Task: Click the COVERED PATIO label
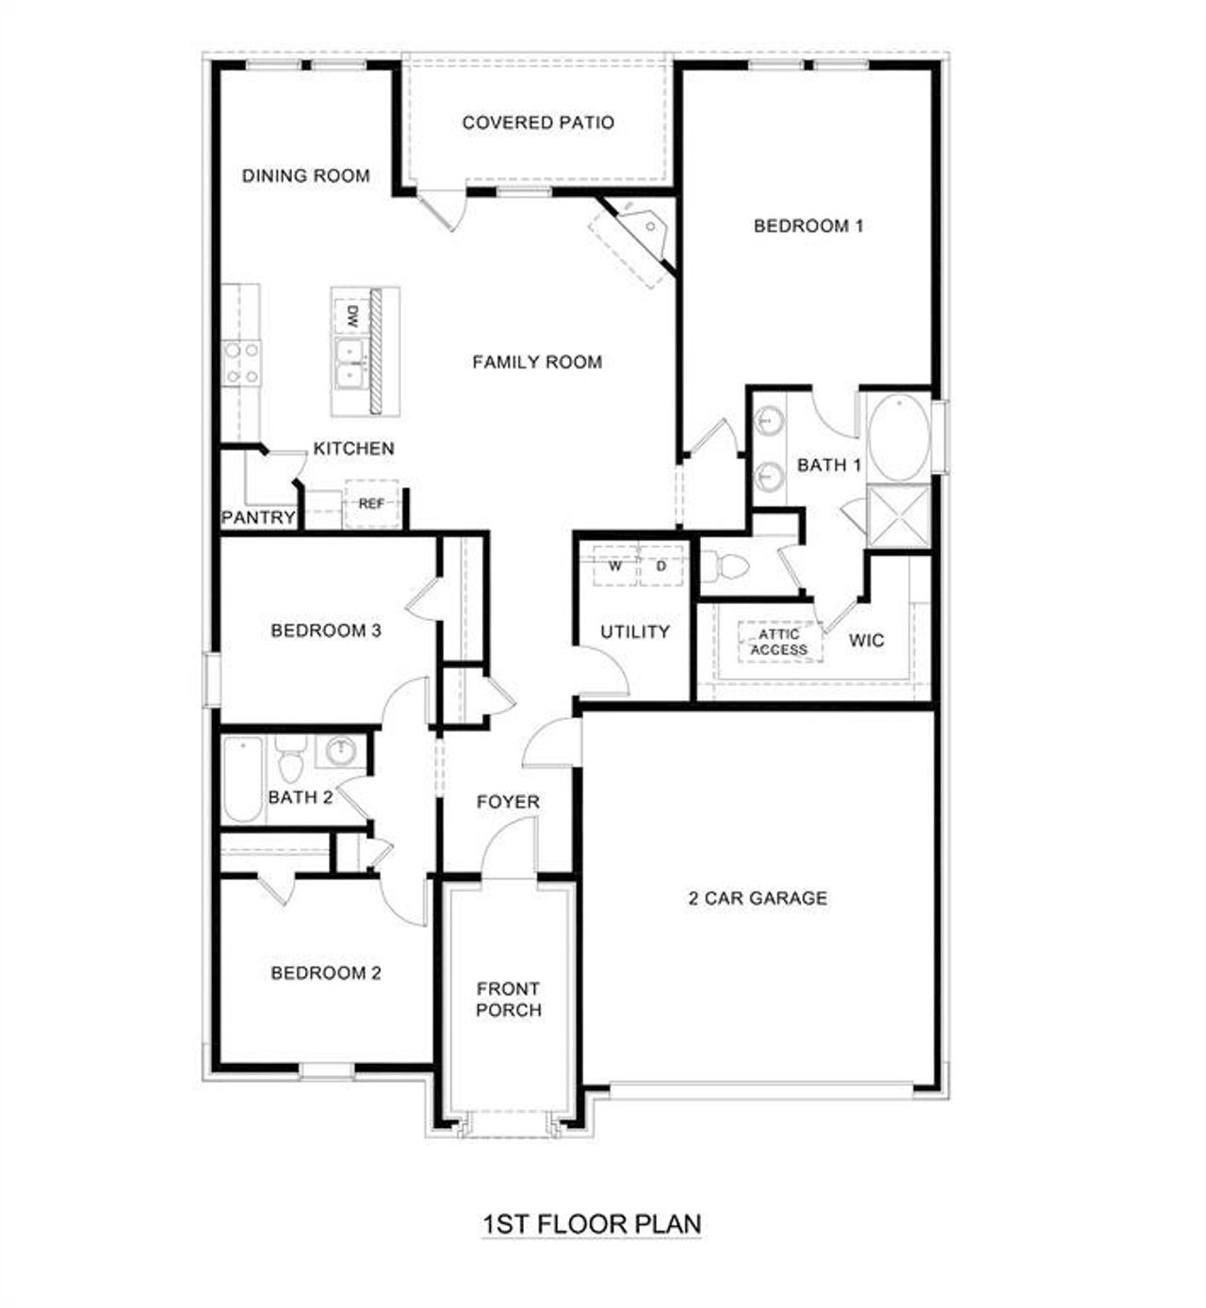click(538, 123)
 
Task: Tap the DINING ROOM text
click(305, 175)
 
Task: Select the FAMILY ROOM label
click(537, 362)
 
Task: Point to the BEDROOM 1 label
click(808, 226)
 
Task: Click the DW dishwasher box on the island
click(350, 317)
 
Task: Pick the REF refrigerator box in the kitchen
click(371, 504)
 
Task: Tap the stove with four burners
click(241, 363)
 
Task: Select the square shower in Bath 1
click(899, 516)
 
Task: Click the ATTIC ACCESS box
click(779, 642)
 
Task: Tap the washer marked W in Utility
click(614, 567)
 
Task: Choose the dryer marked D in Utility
click(661, 567)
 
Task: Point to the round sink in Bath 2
click(339, 751)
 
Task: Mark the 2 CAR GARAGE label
click(758, 899)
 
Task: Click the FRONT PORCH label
click(508, 1000)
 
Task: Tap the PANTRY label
click(258, 518)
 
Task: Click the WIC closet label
click(866, 641)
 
